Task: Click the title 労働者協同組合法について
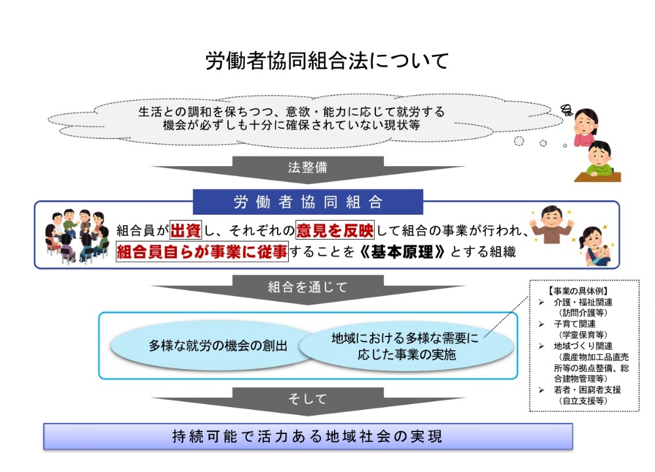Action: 327,61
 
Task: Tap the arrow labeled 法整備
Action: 308,169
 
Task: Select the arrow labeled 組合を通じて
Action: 308,289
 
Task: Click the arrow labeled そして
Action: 308,401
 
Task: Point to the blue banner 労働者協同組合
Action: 308,202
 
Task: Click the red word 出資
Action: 186,230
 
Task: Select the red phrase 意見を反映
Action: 335,230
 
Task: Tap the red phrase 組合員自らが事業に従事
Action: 202,251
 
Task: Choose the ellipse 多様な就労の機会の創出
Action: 217,346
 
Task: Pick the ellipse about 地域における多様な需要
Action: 406,346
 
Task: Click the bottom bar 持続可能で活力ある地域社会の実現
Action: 308,436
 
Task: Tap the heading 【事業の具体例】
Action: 578,291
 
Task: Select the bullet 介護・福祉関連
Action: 583,302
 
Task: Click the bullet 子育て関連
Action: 575,324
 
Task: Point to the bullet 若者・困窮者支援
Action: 588,390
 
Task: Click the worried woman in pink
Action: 586,127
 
